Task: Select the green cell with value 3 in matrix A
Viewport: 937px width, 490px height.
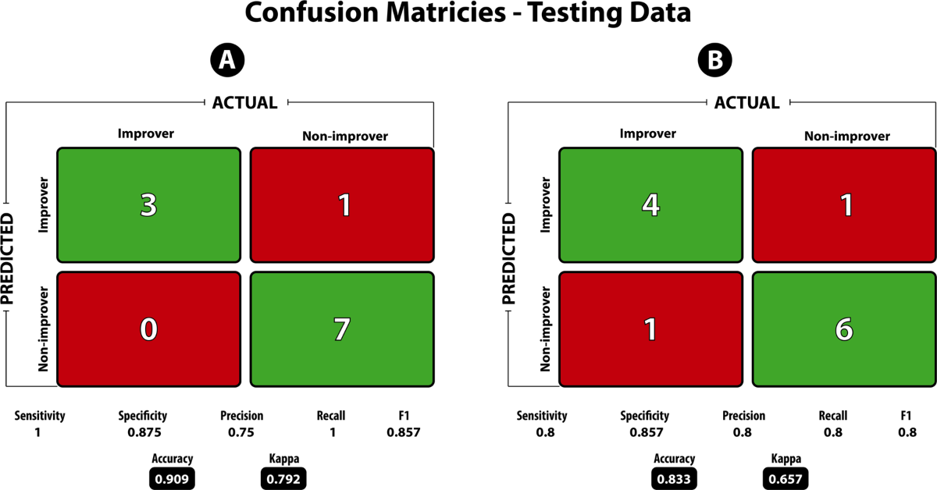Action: (x=148, y=204)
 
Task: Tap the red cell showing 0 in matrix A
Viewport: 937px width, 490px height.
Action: (x=148, y=328)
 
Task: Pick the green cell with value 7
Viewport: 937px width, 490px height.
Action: (x=342, y=328)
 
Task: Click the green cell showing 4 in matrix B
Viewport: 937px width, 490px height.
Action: (x=650, y=204)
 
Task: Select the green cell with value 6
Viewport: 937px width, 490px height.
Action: (x=844, y=328)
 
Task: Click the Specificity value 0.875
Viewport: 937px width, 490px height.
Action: (x=143, y=431)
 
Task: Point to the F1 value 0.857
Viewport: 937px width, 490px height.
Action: (x=403, y=431)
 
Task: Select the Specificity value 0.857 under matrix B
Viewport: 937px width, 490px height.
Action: (x=645, y=431)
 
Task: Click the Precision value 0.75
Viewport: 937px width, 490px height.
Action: (x=242, y=431)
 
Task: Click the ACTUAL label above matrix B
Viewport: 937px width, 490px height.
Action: (x=747, y=103)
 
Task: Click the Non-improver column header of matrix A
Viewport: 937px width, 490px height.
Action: (x=344, y=137)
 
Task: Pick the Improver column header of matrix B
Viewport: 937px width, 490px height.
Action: (x=647, y=133)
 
